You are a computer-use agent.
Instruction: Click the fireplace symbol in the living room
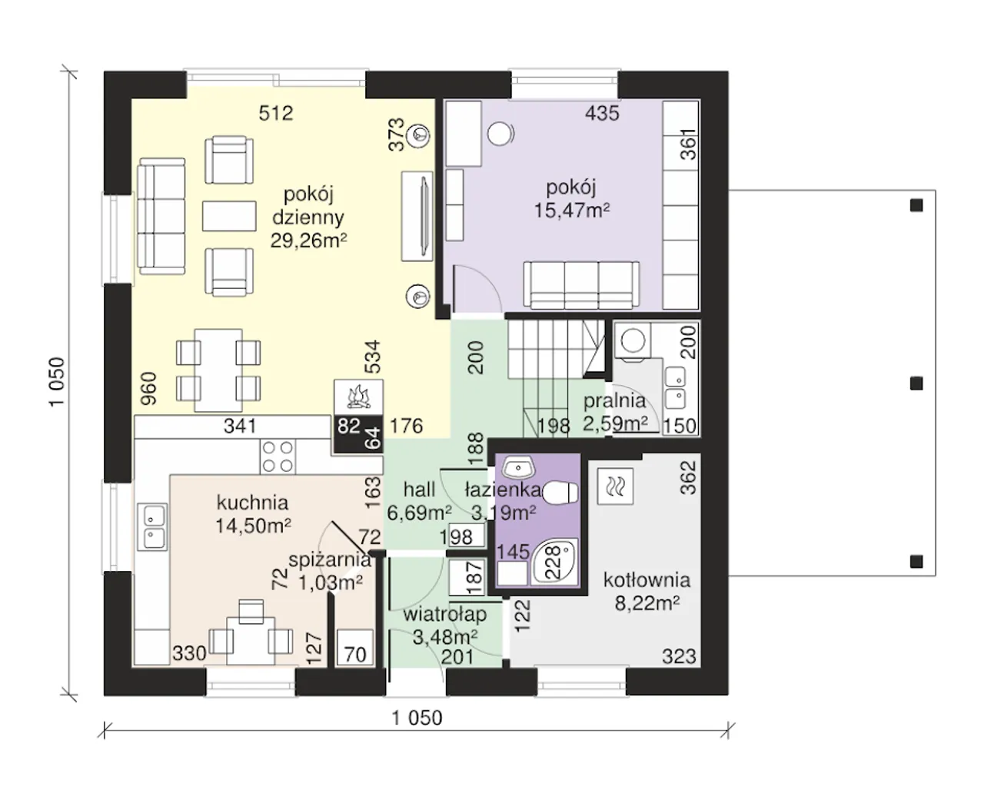[358, 397]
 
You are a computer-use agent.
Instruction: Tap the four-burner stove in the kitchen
[278, 456]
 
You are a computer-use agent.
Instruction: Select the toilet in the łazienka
[560, 493]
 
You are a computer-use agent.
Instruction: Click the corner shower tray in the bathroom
[555, 561]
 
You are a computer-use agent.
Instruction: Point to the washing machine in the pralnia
[633, 341]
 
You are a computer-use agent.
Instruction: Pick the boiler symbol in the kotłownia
[616, 486]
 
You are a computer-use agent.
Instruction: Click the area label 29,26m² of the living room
[308, 241]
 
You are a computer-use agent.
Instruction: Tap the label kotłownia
[647, 580]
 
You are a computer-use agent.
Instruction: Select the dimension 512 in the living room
[276, 113]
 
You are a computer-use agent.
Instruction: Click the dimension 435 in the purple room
[602, 113]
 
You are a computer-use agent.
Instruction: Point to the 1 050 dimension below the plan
[417, 718]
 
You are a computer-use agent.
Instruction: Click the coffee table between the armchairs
[229, 216]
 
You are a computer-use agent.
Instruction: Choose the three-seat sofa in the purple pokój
[581, 284]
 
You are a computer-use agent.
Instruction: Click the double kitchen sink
[152, 526]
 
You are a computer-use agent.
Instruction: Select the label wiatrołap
[444, 615]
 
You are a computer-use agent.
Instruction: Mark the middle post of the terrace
[916, 383]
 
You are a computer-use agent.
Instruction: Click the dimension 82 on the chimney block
[349, 426]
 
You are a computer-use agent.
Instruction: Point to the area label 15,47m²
[571, 211]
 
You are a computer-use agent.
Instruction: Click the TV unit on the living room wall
[417, 217]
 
